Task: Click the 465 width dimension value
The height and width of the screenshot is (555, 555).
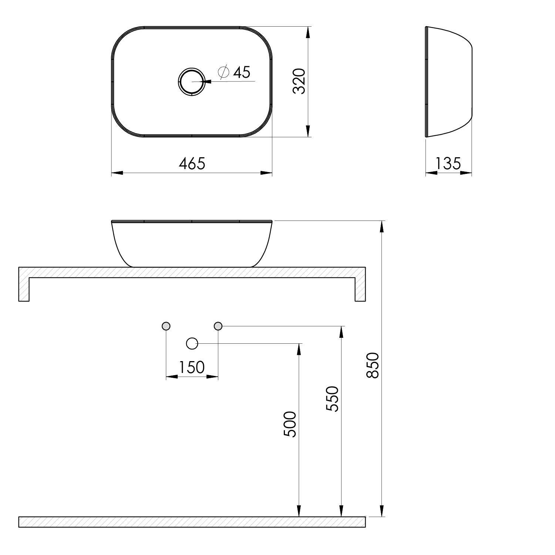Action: pos(192,164)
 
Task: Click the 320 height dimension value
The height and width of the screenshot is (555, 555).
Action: pos(299,81)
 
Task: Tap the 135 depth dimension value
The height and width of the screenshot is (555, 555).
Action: pos(448,164)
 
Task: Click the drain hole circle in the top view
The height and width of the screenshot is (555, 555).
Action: pos(191,81)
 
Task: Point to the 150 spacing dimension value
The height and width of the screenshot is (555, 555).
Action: pos(191,367)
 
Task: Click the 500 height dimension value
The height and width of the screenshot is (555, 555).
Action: pos(290,424)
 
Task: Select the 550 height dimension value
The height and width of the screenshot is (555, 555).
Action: pos(332,399)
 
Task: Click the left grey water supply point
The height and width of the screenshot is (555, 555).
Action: pos(166,326)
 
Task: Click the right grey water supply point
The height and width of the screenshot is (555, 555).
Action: pos(218,326)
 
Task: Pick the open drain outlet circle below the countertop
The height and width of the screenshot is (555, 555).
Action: pos(192,344)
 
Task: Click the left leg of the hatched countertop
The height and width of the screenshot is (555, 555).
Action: pos(24,289)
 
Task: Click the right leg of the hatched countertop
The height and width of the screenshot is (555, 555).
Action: pos(360,289)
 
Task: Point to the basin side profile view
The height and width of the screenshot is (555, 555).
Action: pos(448,81)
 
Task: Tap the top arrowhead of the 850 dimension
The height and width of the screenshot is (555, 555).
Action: pos(382,226)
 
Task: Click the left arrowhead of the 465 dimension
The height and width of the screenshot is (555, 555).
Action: pos(117,173)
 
